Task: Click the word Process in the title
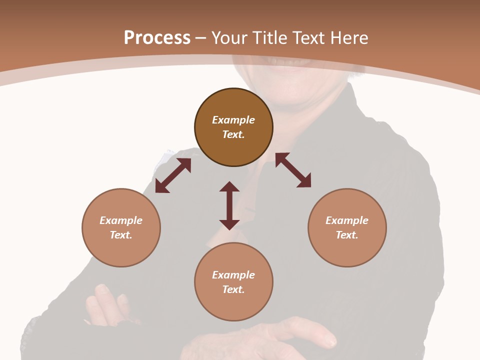click(157, 38)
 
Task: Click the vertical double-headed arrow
click(229, 205)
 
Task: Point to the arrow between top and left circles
click(173, 175)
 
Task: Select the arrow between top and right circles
click(293, 170)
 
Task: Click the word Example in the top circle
click(233, 120)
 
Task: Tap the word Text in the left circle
click(121, 235)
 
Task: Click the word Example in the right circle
click(347, 220)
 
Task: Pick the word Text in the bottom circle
click(233, 289)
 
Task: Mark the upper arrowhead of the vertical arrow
click(229, 187)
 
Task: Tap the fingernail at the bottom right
click(330, 342)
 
